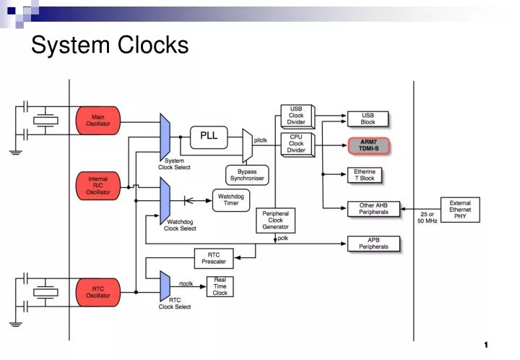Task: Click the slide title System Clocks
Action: pyautogui.click(x=110, y=46)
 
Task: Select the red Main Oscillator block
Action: pyautogui.click(x=97, y=120)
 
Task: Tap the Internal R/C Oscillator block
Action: pyautogui.click(x=97, y=186)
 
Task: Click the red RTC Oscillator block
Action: pyautogui.click(x=97, y=291)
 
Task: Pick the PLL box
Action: pyautogui.click(x=209, y=136)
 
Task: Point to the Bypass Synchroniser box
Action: pyautogui.click(x=248, y=174)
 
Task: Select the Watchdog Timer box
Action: pyautogui.click(x=230, y=200)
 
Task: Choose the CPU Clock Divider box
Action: pyautogui.click(x=296, y=143)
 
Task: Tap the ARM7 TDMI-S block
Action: pyautogui.click(x=368, y=145)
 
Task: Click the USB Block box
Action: pyautogui.click(x=368, y=119)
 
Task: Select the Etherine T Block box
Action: pyautogui.click(x=364, y=175)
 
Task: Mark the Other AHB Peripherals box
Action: pyautogui.click(x=373, y=209)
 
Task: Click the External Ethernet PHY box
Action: pyautogui.click(x=460, y=210)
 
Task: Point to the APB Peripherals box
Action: pyautogui.click(x=373, y=243)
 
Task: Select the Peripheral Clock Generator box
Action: pyautogui.click(x=276, y=220)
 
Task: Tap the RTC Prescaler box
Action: pyautogui.click(x=214, y=257)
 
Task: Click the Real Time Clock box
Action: pyautogui.click(x=220, y=286)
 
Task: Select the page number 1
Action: pyautogui.click(x=487, y=344)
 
